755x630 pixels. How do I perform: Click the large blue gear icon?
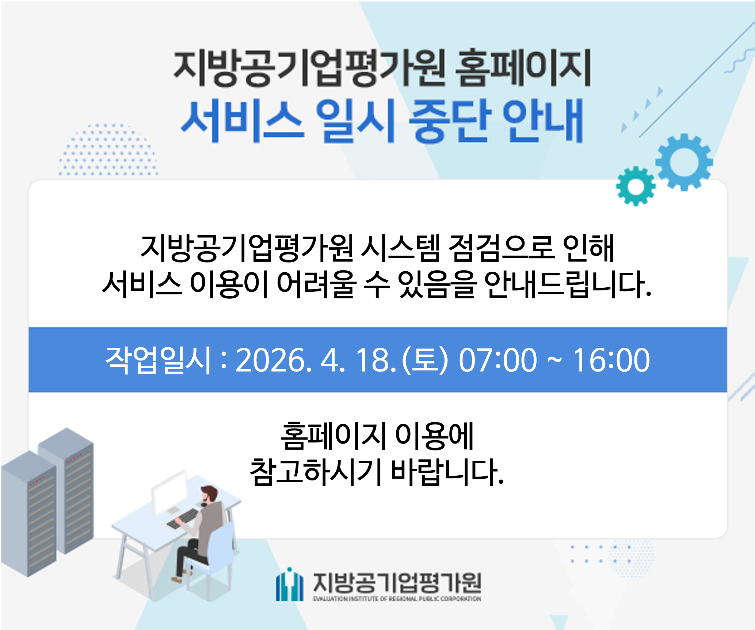(x=684, y=162)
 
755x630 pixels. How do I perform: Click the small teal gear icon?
(x=636, y=186)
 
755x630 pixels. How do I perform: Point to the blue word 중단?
(x=449, y=120)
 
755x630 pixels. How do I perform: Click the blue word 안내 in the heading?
(x=542, y=120)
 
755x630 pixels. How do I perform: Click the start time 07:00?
(x=497, y=360)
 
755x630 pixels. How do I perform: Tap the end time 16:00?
(x=611, y=360)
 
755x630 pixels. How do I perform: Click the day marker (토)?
(x=424, y=360)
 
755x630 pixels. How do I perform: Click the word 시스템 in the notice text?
(x=400, y=248)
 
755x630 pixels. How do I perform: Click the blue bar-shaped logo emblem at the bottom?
(x=289, y=585)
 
